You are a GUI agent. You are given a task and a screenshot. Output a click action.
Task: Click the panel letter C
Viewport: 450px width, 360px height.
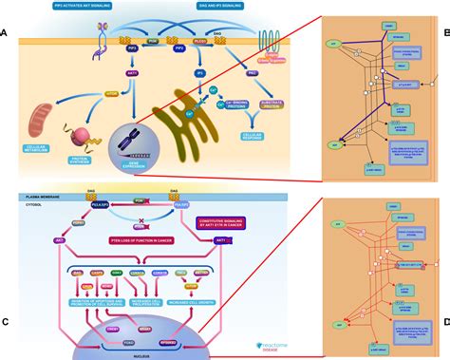5,324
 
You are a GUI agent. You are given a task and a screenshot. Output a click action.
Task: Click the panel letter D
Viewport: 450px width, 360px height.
444,324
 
